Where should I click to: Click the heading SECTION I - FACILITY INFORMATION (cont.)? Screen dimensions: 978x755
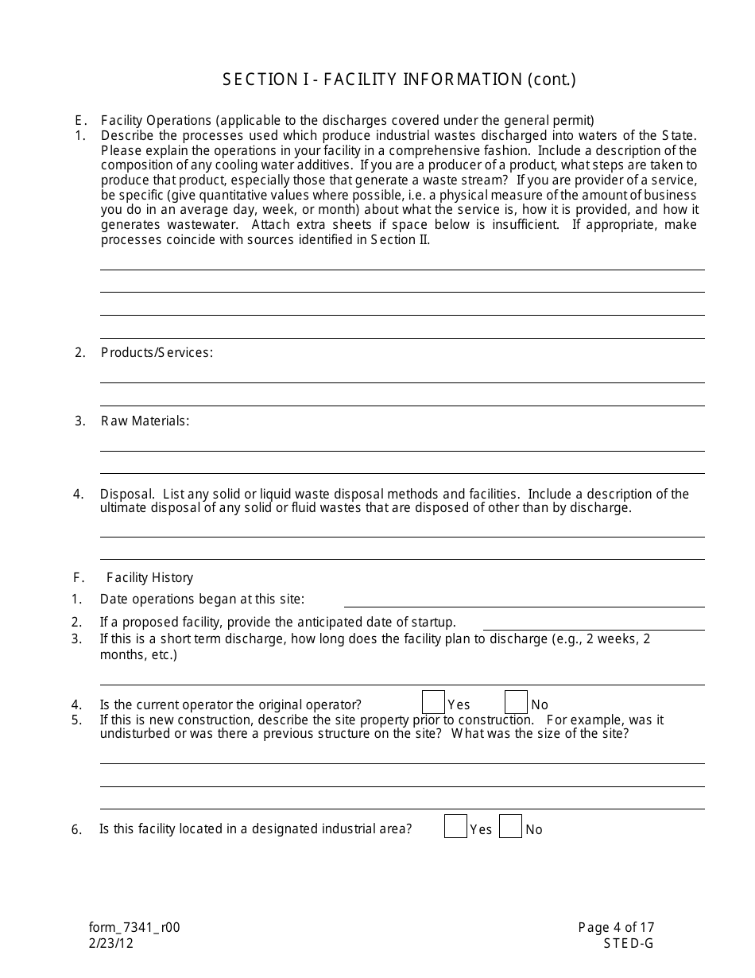tap(399, 80)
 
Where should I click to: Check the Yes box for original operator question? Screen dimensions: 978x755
tap(433, 703)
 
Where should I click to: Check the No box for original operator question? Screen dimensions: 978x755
tap(516, 703)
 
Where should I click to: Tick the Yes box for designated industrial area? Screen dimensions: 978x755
tap(455, 827)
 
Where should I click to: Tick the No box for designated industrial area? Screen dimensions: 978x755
tap(511, 827)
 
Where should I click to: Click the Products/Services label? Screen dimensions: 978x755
tap(157, 352)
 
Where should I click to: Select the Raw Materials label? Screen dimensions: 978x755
tap(145, 421)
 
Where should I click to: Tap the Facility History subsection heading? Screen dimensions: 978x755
tap(149, 577)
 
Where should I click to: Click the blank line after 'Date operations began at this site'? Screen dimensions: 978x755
tap(524, 606)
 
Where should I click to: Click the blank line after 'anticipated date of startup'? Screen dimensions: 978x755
tap(593, 629)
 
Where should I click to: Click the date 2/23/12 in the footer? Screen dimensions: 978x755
tap(111, 943)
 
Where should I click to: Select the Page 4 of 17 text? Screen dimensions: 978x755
tap(616, 927)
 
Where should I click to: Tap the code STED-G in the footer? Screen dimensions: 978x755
tap(628, 943)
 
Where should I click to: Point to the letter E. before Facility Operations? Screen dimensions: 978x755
tap(80, 121)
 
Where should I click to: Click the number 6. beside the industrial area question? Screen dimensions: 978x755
tap(77, 830)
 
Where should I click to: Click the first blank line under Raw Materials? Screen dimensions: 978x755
tap(402, 450)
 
